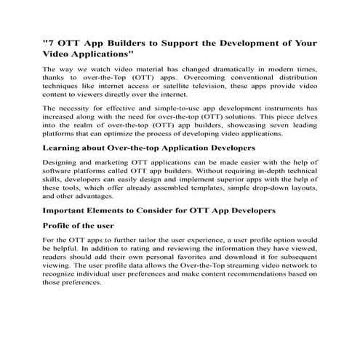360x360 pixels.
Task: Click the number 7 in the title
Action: tap(52, 43)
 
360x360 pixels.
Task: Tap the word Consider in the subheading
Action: tap(161, 211)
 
